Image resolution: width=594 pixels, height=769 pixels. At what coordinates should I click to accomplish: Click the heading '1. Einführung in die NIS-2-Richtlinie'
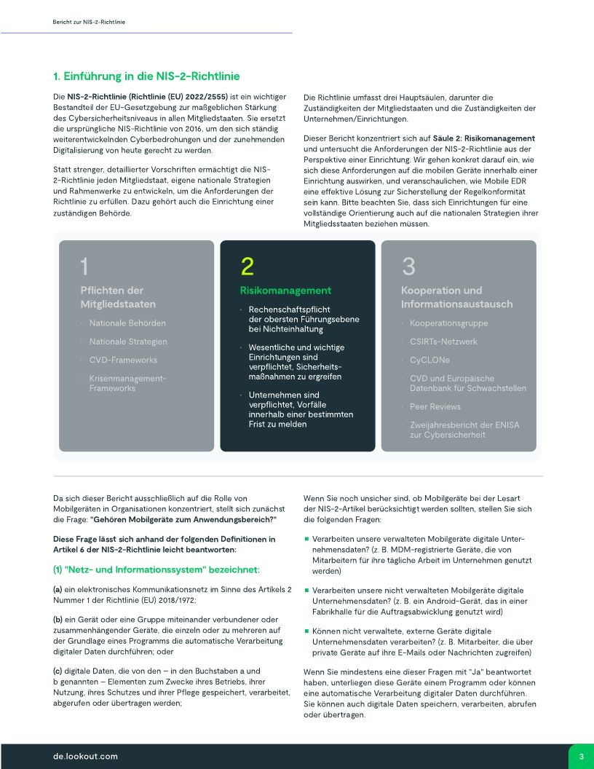(x=146, y=76)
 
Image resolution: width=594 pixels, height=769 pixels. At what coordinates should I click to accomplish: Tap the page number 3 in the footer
(x=581, y=757)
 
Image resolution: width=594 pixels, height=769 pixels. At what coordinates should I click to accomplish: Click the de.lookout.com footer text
(x=85, y=757)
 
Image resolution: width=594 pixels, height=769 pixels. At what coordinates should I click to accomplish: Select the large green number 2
(x=247, y=267)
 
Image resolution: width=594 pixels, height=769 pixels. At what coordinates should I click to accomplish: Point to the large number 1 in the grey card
(x=85, y=267)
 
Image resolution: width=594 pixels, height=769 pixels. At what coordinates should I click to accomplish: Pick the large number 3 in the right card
(x=408, y=267)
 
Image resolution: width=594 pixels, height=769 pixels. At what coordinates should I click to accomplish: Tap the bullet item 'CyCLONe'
(x=429, y=360)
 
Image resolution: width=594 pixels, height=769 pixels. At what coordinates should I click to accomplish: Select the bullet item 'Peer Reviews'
(x=435, y=406)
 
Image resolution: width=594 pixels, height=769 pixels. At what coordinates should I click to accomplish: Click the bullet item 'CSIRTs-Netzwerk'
(x=443, y=342)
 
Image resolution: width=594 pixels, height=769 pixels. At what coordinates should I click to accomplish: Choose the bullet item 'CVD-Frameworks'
(x=123, y=360)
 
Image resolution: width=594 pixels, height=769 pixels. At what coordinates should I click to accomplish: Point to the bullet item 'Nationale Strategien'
(x=128, y=342)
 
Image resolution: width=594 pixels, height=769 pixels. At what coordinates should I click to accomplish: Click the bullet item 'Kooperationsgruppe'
(x=448, y=323)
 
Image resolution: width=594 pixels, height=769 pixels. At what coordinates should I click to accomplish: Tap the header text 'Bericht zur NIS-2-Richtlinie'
(x=89, y=23)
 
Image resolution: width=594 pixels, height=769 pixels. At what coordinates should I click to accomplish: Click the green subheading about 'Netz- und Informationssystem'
(x=157, y=569)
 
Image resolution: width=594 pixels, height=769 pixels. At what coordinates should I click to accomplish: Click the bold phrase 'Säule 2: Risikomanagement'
(x=494, y=138)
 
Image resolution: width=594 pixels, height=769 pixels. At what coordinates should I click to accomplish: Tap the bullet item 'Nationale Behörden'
(x=127, y=323)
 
